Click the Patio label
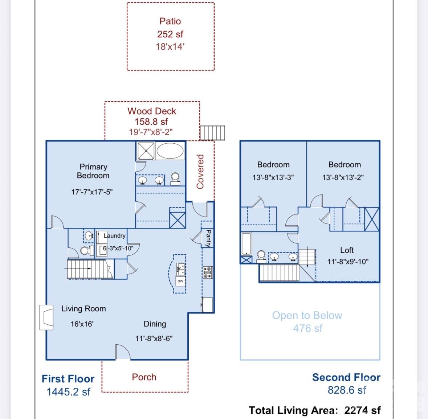(170, 21)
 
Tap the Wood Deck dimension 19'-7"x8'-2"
(151, 132)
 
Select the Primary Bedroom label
(93, 171)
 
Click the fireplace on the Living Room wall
(46, 317)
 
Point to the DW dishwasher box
(180, 281)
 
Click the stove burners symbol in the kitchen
(207, 272)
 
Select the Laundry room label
(115, 235)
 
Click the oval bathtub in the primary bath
(170, 150)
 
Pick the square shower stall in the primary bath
(146, 150)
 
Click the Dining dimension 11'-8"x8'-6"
(154, 338)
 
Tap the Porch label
(144, 377)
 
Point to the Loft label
(347, 250)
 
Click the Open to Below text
(307, 315)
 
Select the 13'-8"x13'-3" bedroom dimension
(273, 177)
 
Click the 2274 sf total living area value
(362, 410)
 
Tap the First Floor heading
(68, 379)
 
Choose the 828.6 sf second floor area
(347, 390)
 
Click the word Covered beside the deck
(200, 172)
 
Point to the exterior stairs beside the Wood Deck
(212, 133)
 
